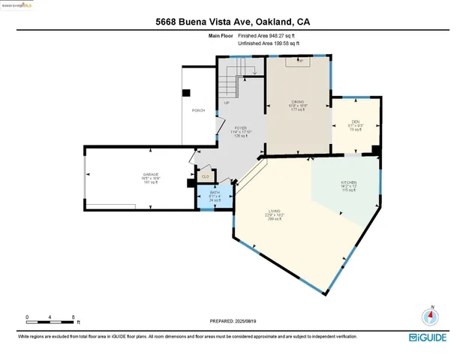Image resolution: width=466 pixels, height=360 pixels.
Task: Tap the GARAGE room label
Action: pyautogui.click(x=151, y=174)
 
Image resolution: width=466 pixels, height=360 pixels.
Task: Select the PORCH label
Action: pyautogui.click(x=199, y=110)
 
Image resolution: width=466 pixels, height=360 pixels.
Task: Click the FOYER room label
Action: pyautogui.click(x=241, y=128)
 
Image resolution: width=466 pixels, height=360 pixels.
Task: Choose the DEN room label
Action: pyautogui.click(x=355, y=122)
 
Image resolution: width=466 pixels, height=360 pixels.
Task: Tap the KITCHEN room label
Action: pyautogui.click(x=348, y=183)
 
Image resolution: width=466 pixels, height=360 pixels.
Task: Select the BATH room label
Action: pyautogui.click(x=214, y=193)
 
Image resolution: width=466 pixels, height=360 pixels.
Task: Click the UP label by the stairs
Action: pyautogui.click(x=226, y=103)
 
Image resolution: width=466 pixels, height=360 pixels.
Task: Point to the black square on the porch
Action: pyautogui.click(x=188, y=93)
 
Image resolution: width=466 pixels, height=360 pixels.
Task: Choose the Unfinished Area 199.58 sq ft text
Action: pyautogui.click(x=269, y=44)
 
